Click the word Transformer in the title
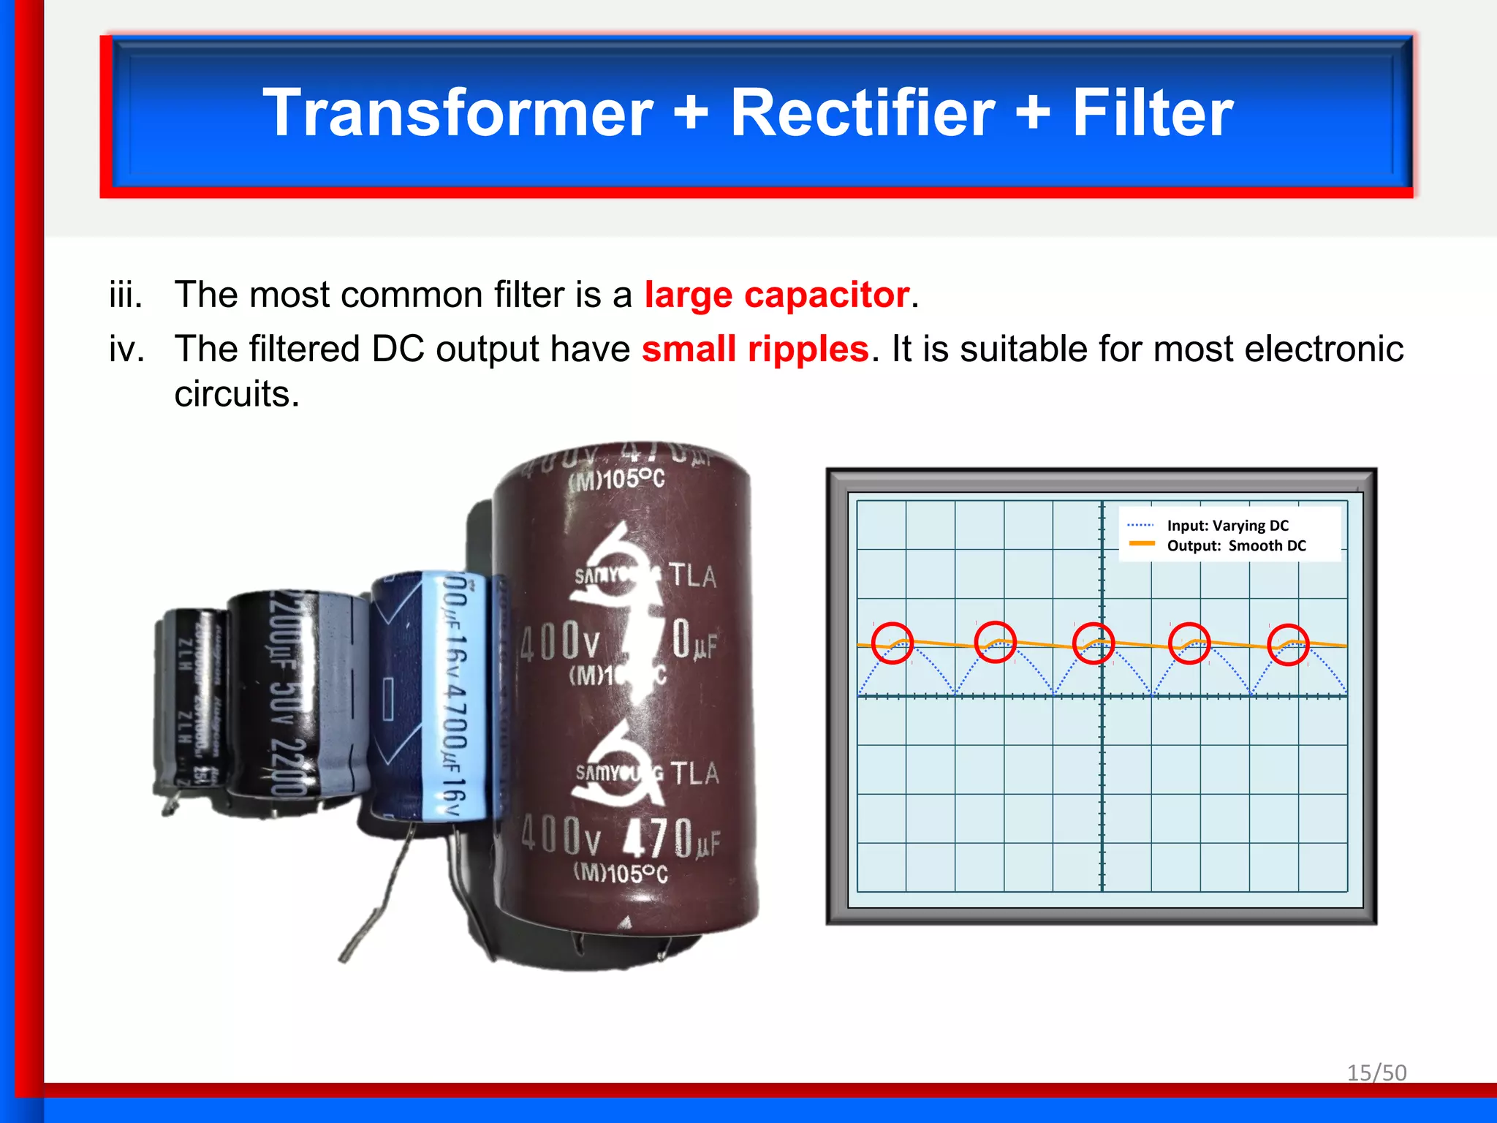click(x=458, y=113)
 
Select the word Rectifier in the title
click(x=863, y=113)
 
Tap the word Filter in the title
click(x=1153, y=113)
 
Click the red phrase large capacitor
click(x=776, y=295)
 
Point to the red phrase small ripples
click(x=755, y=349)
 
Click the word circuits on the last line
click(x=237, y=394)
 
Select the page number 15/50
click(x=1376, y=1073)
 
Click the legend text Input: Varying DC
click(x=1227, y=526)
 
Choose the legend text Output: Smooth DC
click(x=1236, y=545)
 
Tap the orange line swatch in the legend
click(x=1141, y=544)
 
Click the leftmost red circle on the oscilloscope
click(x=892, y=643)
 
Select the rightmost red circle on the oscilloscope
click(x=1288, y=644)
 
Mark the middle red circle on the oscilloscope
click(x=1093, y=643)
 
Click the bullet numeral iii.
click(x=126, y=295)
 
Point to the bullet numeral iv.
click(x=126, y=349)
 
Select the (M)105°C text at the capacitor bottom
click(x=621, y=873)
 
